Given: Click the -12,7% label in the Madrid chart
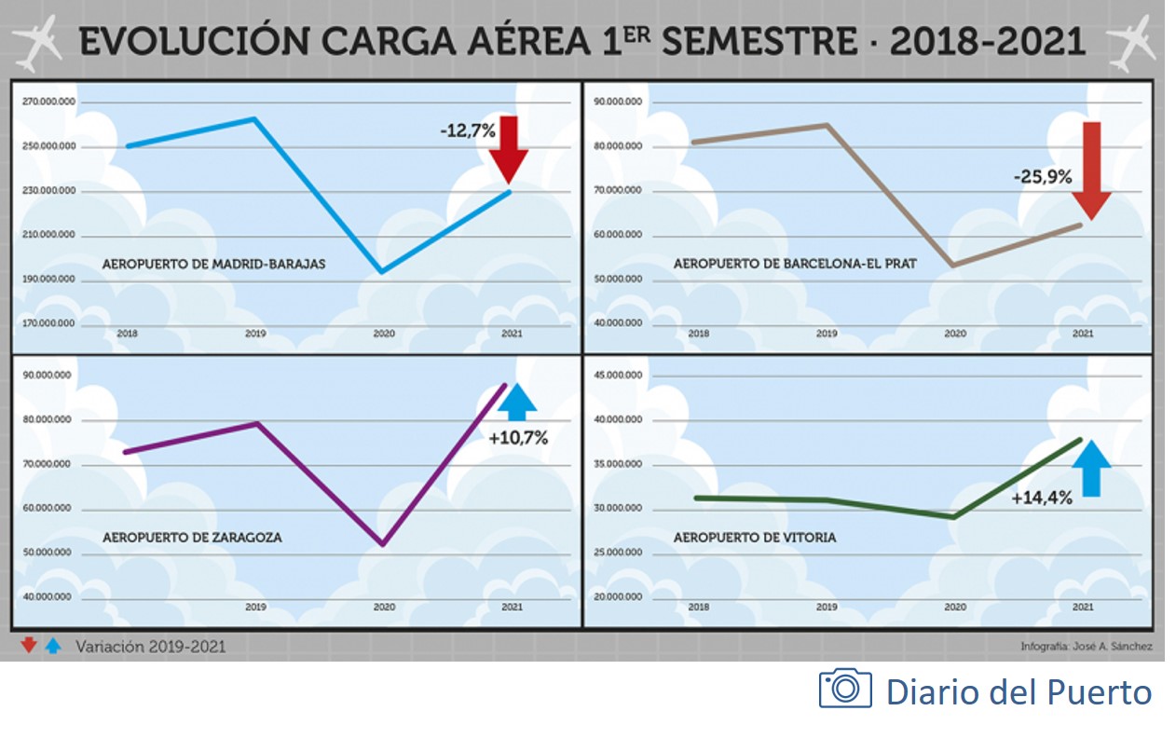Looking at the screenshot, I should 468,131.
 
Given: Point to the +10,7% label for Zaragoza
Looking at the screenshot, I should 518,436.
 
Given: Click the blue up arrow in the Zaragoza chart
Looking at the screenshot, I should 518,403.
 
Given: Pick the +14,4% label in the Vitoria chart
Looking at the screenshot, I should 1042,498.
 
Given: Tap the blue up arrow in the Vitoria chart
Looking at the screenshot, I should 1091,467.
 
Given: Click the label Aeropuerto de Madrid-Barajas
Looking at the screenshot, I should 214,264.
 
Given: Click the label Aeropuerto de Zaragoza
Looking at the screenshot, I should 192,538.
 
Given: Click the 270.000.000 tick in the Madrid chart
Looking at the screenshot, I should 48,102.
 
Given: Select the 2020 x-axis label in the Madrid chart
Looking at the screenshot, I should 383,333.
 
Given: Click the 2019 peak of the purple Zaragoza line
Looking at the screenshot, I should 256,423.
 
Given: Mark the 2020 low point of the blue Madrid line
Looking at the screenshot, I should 380,272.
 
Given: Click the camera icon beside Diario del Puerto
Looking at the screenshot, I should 845,688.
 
